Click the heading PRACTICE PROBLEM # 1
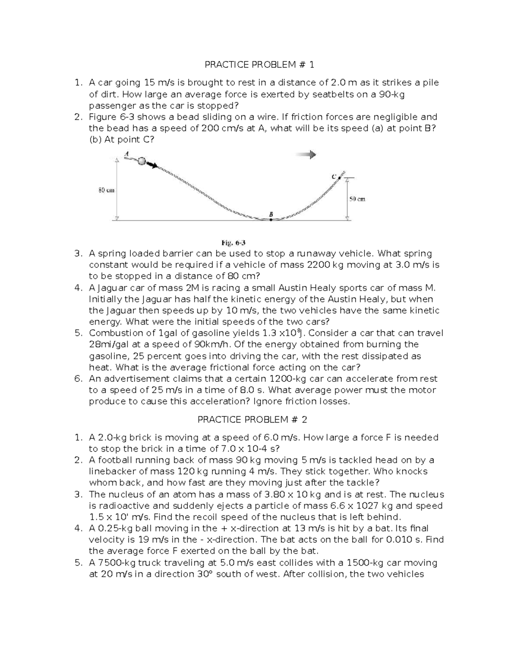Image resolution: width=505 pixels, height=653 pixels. (x=259, y=65)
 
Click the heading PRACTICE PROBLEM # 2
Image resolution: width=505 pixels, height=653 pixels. (x=252, y=420)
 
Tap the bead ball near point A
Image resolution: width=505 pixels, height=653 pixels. (x=142, y=161)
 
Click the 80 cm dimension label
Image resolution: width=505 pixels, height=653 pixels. (x=106, y=190)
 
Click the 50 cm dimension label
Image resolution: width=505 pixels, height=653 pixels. (x=357, y=199)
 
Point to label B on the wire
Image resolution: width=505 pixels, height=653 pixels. (x=271, y=214)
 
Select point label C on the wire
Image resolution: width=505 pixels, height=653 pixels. (x=333, y=177)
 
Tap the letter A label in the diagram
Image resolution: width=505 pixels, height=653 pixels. (x=126, y=154)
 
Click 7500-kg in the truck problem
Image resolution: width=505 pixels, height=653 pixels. (x=112, y=563)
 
